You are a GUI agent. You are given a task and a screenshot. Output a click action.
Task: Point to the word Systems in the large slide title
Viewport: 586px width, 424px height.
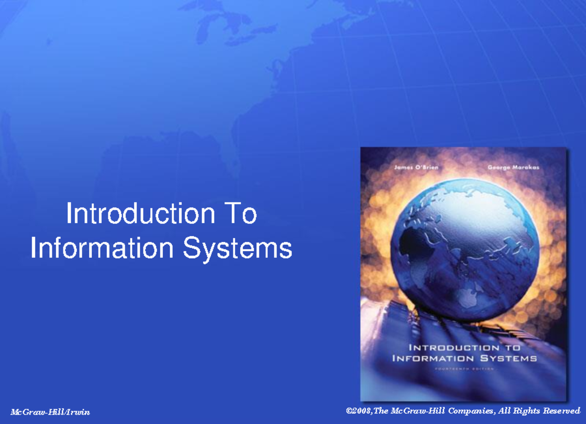[237, 249]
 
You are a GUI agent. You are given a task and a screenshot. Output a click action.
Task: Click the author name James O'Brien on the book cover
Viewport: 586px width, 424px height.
[417, 168]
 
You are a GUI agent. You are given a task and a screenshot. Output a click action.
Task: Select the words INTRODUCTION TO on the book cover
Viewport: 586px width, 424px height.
[464, 348]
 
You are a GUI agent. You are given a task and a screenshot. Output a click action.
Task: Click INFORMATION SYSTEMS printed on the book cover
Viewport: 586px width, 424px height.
[464, 358]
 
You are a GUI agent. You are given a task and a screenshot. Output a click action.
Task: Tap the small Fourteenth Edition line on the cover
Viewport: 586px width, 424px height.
[464, 369]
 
